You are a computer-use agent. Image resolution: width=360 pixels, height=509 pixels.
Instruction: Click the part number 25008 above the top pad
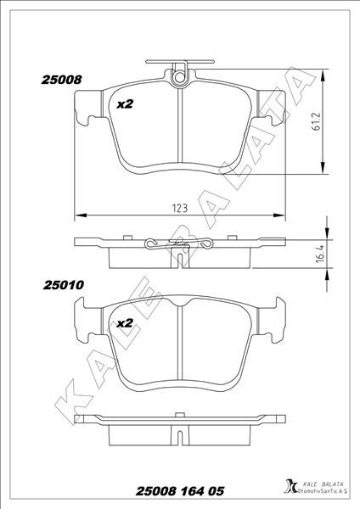[x=60, y=80]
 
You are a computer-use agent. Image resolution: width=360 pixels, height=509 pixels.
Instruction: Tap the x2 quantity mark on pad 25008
[x=125, y=104]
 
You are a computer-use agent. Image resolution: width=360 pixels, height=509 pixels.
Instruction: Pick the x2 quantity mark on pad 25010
[x=125, y=323]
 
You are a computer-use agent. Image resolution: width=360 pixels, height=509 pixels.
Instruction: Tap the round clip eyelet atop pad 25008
[x=179, y=77]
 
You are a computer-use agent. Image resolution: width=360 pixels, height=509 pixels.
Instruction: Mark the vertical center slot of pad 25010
[x=181, y=348]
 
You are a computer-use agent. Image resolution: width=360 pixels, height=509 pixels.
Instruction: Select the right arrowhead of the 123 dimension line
[x=282, y=213]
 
